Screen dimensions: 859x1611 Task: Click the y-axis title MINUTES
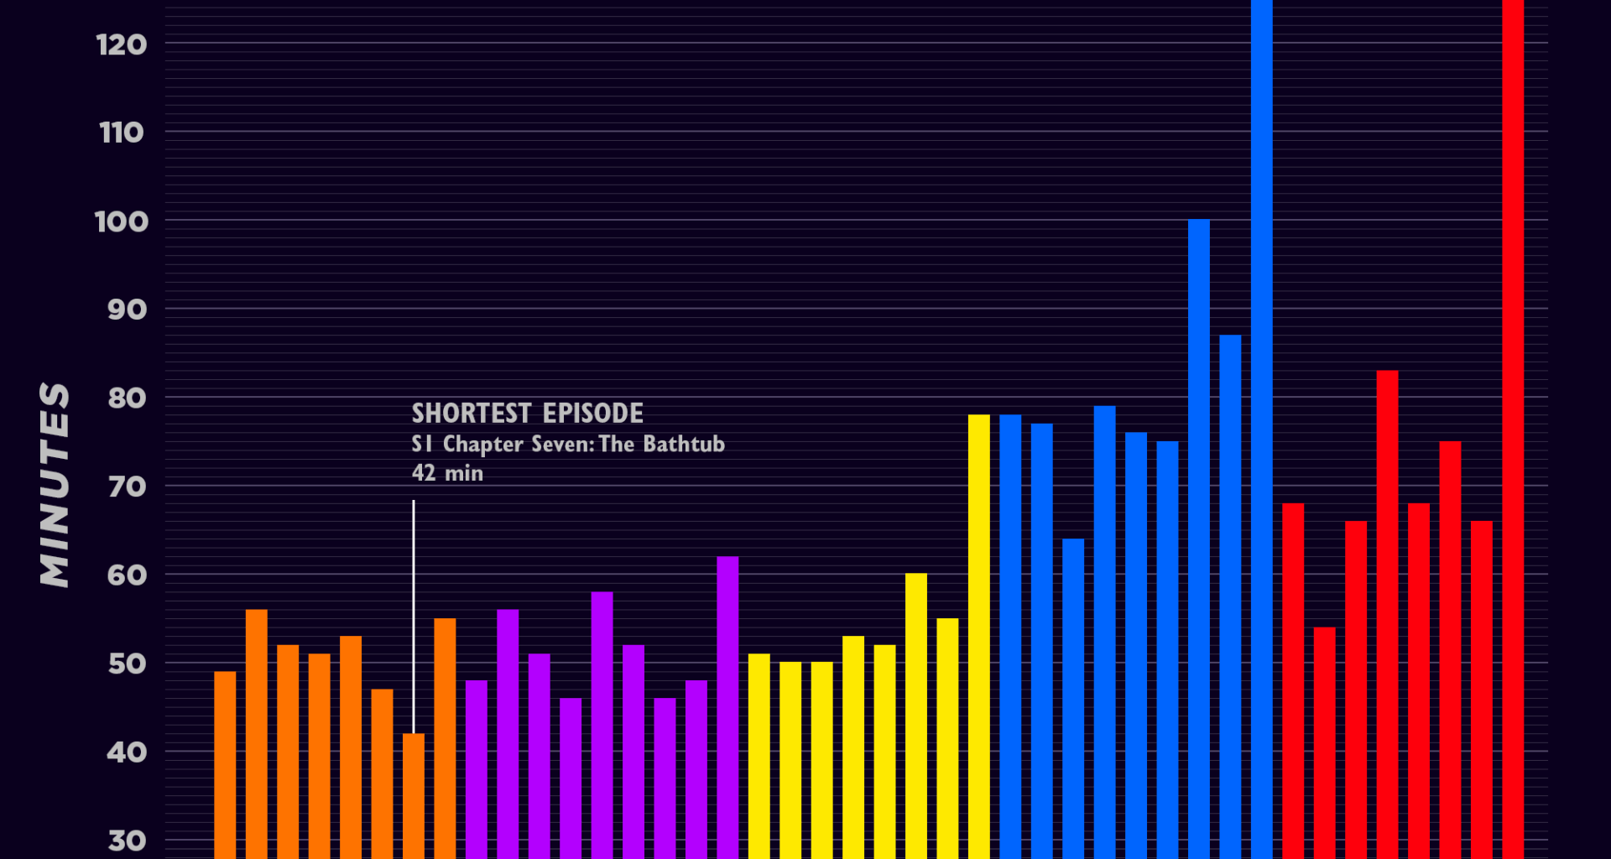[x=55, y=485]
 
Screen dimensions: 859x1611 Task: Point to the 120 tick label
[x=122, y=44]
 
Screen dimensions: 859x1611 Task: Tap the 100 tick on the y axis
[x=122, y=221]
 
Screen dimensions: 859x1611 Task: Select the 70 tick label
[x=127, y=487]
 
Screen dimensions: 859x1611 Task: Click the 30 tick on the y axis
[x=127, y=841]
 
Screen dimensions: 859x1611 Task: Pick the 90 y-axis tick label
[x=127, y=310]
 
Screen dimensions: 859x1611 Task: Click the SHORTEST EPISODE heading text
[x=527, y=414]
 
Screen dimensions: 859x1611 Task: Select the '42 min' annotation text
[x=447, y=473]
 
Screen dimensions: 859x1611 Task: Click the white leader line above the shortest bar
[x=414, y=612]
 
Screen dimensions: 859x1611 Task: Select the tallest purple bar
[x=727, y=705]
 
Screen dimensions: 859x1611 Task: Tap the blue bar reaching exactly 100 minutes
[x=1198, y=537]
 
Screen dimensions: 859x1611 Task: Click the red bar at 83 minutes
[x=1387, y=612]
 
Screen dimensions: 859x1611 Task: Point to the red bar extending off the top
[x=1513, y=419]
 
